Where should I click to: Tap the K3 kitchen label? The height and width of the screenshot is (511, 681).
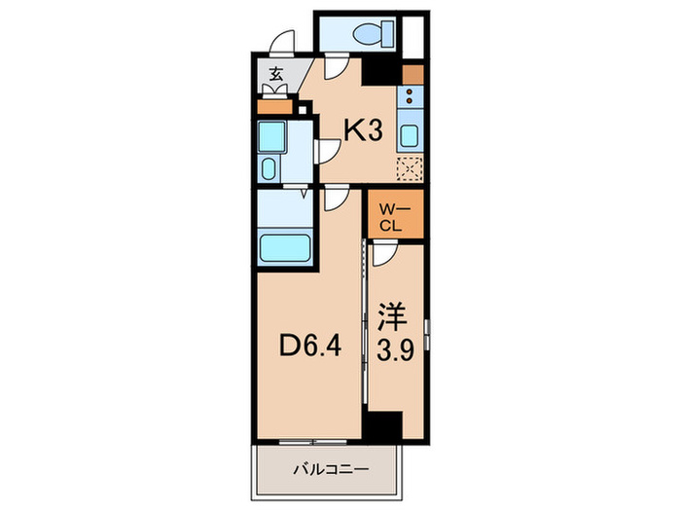click(x=359, y=131)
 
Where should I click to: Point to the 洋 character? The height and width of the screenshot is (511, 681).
click(x=393, y=316)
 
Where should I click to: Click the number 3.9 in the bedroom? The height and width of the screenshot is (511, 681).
click(x=393, y=347)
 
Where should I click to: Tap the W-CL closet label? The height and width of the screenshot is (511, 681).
click(x=394, y=216)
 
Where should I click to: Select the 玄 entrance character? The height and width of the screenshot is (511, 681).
click(x=276, y=73)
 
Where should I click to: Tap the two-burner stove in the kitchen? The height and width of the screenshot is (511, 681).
click(x=410, y=96)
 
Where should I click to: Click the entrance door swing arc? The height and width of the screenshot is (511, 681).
click(x=282, y=42)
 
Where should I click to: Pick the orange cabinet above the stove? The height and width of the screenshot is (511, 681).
click(x=412, y=74)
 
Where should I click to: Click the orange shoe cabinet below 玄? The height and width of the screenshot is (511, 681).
click(x=275, y=108)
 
